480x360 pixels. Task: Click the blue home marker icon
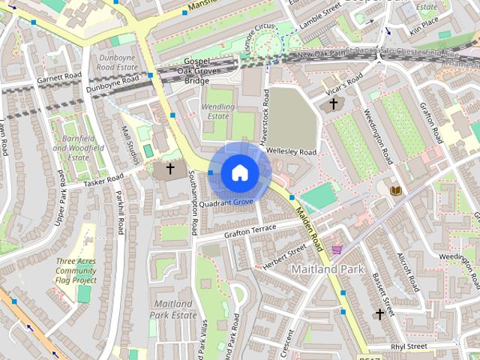point(239,172)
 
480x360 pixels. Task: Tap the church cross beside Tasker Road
point(170,169)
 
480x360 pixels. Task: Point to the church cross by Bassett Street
point(380,314)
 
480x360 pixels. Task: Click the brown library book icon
point(395,190)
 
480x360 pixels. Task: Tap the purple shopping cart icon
point(337,248)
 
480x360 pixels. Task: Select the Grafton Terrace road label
point(250,231)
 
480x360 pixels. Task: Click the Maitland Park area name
point(327,268)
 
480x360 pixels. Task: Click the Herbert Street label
point(284,254)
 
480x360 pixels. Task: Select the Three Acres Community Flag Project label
point(76,271)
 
